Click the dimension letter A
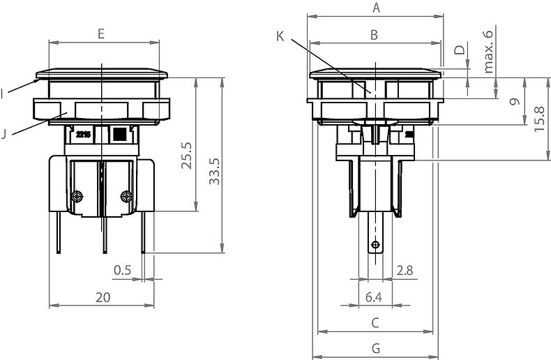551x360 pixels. pos(376,8)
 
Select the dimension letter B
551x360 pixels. pos(374,35)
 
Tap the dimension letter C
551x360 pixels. pos(375,322)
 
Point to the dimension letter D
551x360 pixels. pos(459,50)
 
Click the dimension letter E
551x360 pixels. pos(102,33)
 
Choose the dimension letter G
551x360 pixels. pos(375,347)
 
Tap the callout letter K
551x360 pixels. pos(280,36)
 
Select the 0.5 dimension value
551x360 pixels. pos(123,270)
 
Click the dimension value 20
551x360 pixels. pos(103,297)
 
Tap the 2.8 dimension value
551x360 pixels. pos(404,270)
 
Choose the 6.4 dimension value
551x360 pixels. pos(374,297)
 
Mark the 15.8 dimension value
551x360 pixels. pos(541,119)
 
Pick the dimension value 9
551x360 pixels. pos(515,102)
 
